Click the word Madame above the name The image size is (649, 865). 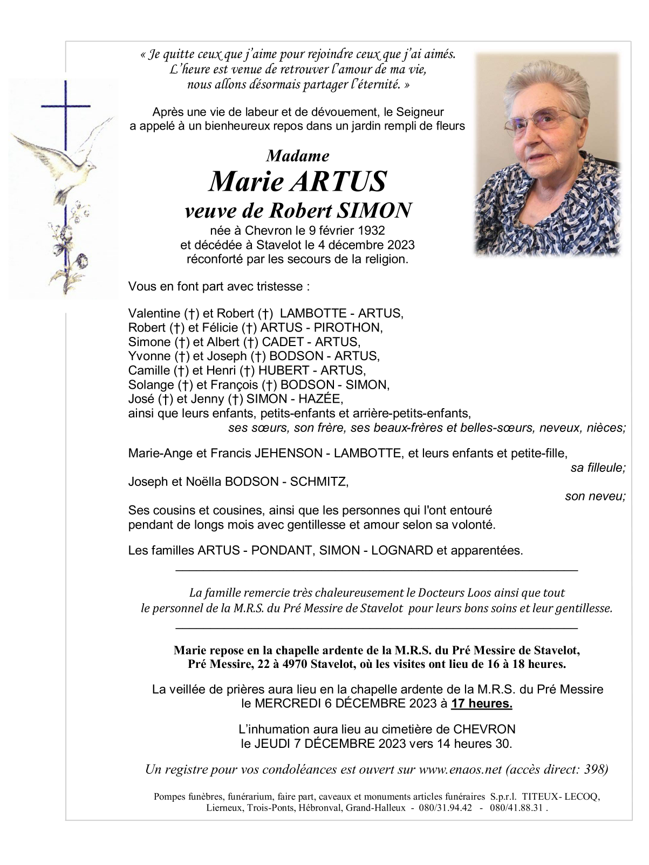point(297,156)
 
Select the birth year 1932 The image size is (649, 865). point(372,231)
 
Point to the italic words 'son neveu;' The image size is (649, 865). point(595,496)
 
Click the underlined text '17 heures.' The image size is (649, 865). point(482,704)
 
